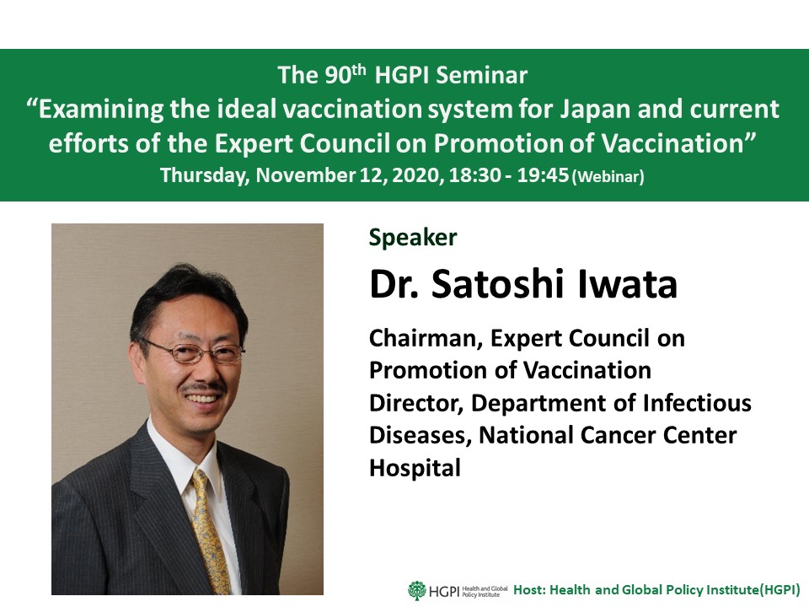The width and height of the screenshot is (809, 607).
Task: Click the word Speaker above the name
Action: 413,238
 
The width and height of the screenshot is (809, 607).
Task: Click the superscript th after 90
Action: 359,70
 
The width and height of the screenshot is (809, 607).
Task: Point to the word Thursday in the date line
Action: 205,175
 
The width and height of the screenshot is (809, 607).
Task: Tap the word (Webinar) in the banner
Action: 608,176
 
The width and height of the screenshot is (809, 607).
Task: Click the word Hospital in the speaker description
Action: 415,468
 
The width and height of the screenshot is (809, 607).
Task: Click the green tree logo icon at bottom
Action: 417,590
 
